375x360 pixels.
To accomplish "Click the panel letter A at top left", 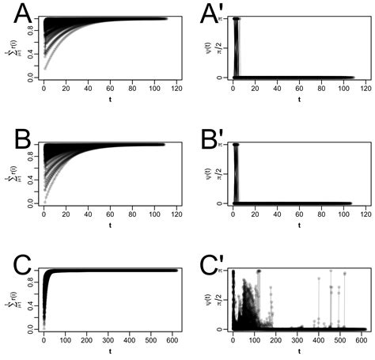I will tap(17, 13).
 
